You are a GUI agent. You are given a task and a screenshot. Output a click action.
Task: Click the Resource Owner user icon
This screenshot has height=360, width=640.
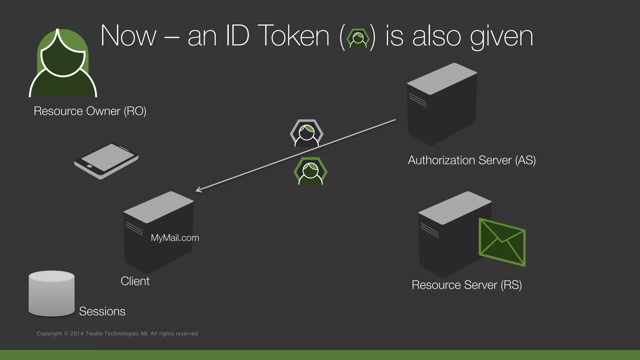(63, 64)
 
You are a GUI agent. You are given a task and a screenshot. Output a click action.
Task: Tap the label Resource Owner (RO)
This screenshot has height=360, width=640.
(90, 111)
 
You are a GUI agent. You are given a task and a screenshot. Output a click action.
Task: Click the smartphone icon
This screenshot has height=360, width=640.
(106, 160)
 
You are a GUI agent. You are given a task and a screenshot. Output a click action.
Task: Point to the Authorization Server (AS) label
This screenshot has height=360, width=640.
(472, 160)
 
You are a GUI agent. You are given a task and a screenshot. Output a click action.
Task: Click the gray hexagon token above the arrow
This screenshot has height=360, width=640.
(307, 133)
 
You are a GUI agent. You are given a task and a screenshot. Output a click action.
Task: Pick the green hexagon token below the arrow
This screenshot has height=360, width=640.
(310, 171)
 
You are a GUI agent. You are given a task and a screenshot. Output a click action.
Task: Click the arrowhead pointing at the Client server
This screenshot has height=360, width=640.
(198, 190)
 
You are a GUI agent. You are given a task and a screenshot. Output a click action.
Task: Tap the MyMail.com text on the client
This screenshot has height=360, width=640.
(175, 238)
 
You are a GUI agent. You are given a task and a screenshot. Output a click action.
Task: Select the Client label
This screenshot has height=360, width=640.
(135, 281)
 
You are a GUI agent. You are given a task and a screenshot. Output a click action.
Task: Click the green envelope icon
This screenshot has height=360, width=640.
(502, 242)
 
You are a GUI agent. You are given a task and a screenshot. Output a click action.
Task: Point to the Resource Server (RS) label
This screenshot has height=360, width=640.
(467, 285)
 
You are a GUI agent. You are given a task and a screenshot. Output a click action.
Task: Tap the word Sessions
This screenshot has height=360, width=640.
(102, 312)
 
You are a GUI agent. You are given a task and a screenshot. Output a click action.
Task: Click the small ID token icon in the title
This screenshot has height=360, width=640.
(358, 38)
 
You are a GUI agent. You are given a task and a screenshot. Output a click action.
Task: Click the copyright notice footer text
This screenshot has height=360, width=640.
(117, 334)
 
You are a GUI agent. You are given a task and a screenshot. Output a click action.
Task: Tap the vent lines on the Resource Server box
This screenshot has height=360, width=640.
(429, 230)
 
